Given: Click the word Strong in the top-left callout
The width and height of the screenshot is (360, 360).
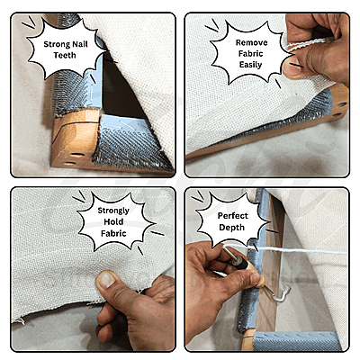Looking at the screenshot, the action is [x=57, y=44].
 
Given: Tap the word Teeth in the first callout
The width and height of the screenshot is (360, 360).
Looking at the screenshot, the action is [x=65, y=55].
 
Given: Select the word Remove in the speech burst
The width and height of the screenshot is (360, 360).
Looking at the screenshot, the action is [x=251, y=42].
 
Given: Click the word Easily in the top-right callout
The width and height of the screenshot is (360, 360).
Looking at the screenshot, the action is [x=250, y=65].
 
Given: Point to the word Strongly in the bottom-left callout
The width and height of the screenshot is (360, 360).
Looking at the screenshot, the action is [x=113, y=211].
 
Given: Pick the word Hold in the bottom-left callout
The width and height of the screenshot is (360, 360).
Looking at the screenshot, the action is [x=113, y=222].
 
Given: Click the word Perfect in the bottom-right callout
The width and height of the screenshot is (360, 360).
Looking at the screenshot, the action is [x=233, y=216].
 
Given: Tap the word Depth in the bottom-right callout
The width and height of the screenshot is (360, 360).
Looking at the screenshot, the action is [x=231, y=228].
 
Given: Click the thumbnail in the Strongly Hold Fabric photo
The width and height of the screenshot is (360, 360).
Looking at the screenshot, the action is [x=105, y=279].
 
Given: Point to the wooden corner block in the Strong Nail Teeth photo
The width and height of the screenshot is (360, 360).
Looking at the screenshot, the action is [x=75, y=139].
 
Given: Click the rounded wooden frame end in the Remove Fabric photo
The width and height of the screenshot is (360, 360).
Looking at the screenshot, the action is [x=339, y=103].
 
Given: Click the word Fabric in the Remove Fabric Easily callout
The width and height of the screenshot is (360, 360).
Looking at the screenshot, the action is [x=251, y=54].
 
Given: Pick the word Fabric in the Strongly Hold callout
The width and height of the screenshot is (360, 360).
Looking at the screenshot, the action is [x=113, y=233].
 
